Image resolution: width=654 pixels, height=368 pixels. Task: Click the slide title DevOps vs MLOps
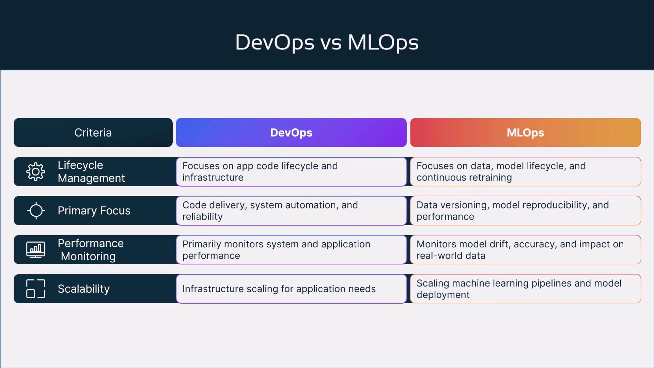pos(327,43)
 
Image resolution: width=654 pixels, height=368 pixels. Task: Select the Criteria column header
pos(93,133)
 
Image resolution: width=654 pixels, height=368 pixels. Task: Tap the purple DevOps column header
pos(291,133)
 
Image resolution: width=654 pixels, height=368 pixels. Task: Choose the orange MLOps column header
pos(526,133)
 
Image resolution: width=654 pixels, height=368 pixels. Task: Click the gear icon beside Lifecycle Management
pos(35,172)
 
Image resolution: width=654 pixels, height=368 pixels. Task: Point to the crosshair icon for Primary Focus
pos(36,211)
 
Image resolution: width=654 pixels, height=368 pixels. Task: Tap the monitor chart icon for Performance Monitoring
pos(35,250)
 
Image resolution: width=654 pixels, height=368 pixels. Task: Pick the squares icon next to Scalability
pos(35,289)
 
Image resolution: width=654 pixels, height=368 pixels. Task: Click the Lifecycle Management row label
pos(91,172)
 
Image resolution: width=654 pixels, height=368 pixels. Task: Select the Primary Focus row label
pos(94,211)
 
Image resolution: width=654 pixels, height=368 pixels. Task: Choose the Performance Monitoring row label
pos(91,250)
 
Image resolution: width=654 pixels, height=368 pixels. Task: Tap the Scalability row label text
pos(83,289)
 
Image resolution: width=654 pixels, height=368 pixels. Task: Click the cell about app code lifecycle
pos(291,172)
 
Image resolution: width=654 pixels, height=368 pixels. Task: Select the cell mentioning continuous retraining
pos(526,172)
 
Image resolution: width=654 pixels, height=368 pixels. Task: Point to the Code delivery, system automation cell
pos(291,211)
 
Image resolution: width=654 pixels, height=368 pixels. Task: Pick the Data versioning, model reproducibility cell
pos(526,211)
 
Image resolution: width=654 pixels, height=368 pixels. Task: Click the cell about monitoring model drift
pos(526,250)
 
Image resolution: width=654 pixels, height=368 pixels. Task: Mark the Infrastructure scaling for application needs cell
pos(291,289)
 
